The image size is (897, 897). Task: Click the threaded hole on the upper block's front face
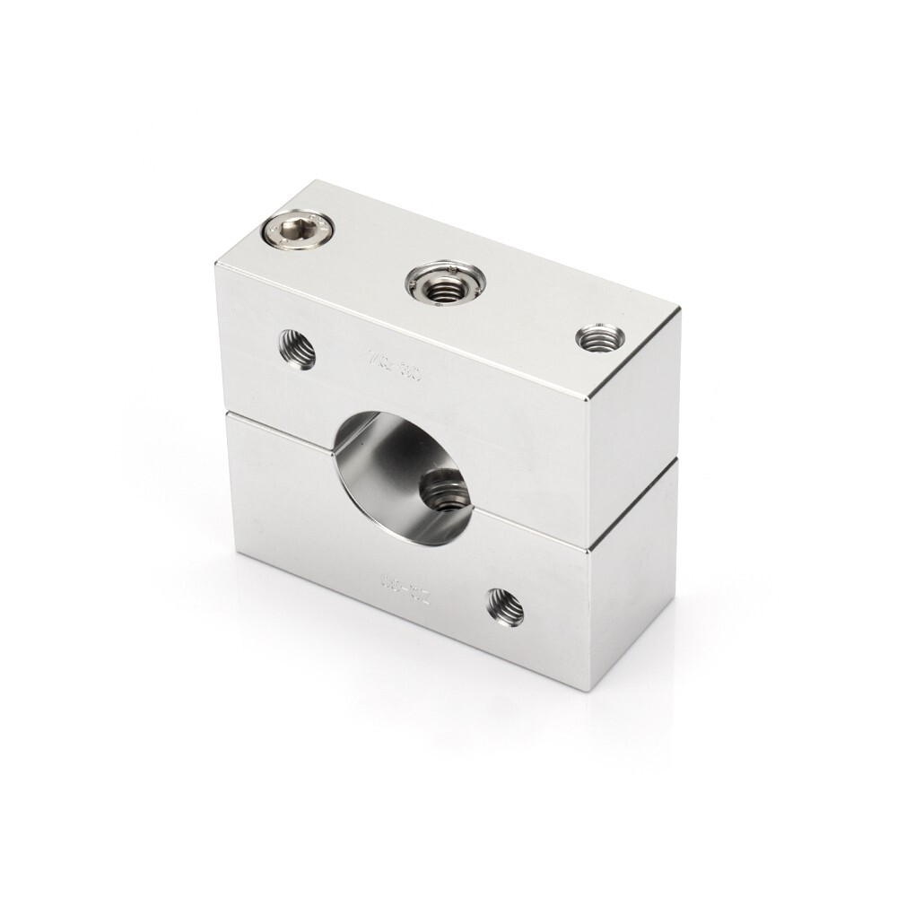(297, 348)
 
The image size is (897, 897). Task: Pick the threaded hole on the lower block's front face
(505, 607)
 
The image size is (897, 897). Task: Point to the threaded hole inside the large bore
(444, 489)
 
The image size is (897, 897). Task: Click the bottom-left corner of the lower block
(239, 553)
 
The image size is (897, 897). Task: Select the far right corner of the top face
(680, 309)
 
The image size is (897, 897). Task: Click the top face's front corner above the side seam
(588, 401)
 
